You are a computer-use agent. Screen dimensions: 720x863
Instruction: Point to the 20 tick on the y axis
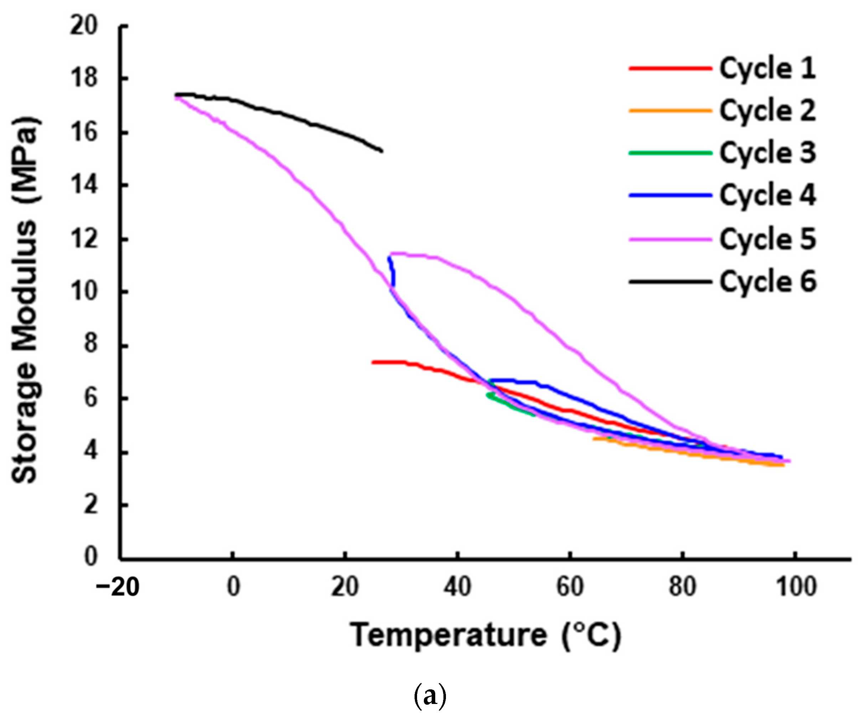pyautogui.click(x=84, y=25)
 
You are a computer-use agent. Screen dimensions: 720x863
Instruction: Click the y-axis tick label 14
pyautogui.click(x=84, y=185)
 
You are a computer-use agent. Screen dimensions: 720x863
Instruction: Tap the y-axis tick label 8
pyautogui.click(x=89, y=344)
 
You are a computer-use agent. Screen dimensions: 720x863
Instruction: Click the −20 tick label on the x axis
pyautogui.click(x=118, y=587)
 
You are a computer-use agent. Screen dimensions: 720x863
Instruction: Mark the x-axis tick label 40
pyautogui.click(x=457, y=587)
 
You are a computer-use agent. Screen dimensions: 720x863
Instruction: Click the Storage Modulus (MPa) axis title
pyautogui.click(x=25, y=300)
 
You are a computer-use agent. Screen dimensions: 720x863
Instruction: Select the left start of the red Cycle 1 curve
pyautogui.click(x=373, y=362)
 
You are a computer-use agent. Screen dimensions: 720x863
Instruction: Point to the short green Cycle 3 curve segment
pyautogui.click(x=510, y=405)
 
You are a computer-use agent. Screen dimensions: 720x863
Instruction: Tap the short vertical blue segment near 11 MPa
pyautogui.click(x=392, y=271)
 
